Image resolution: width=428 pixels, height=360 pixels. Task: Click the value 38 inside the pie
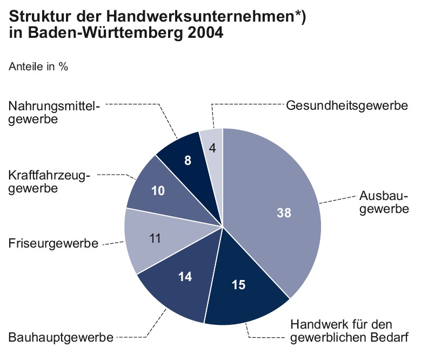click(284, 212)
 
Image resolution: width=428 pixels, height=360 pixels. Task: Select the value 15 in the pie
click(238, 284)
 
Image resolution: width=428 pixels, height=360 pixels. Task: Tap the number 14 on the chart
click(185, 277)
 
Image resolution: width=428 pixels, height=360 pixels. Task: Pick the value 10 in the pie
click(158, 190)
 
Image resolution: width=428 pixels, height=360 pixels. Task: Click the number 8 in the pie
click(188, 160)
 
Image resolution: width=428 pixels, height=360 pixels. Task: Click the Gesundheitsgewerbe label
click(346, 105)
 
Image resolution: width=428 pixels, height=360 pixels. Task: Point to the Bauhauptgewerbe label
click(61, 338)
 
